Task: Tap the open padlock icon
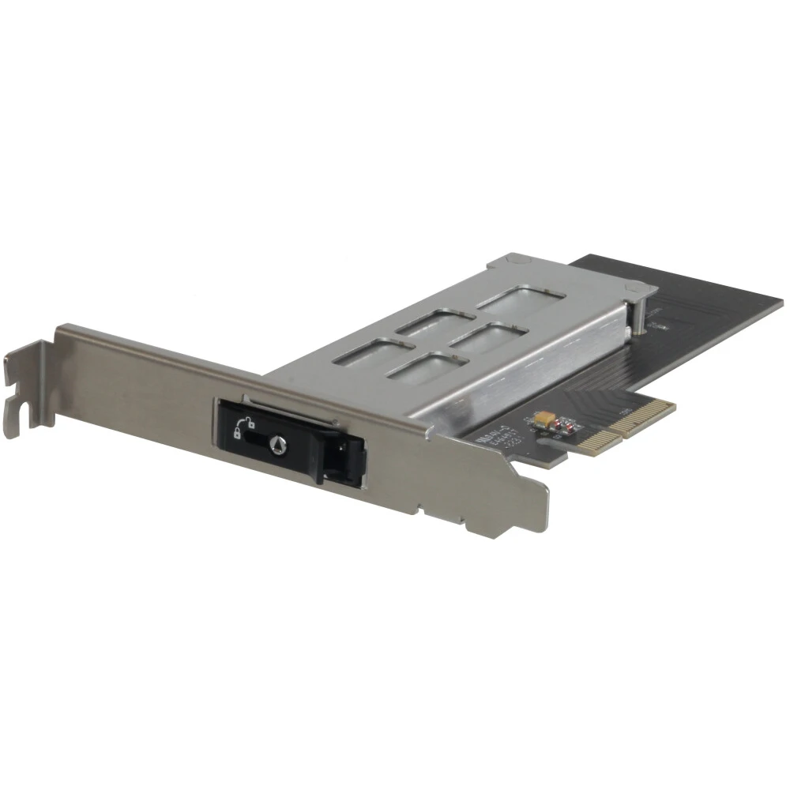[x=239, y=433]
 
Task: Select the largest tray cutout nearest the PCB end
[x=521, y=301]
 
